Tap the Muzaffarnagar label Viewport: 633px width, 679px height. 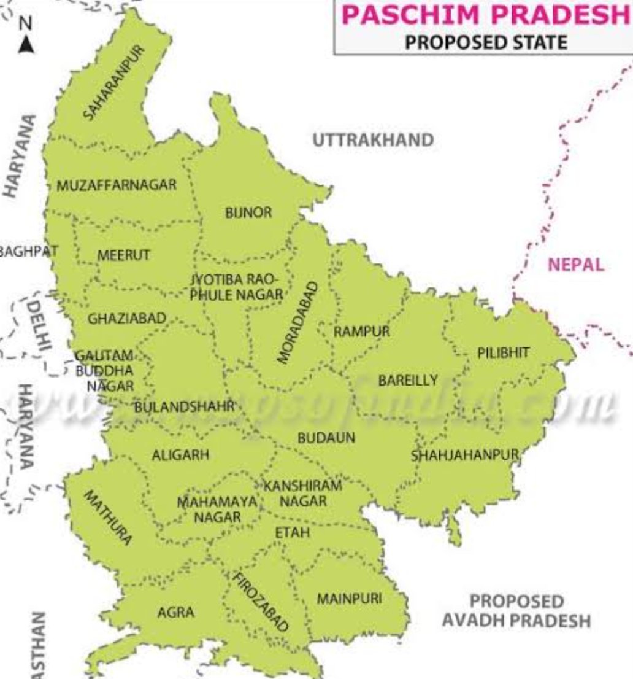click(117, 185)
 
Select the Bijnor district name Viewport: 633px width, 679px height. click(248, 213)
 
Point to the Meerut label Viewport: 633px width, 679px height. click(123, 255)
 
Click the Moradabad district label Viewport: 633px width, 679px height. click(298, 322)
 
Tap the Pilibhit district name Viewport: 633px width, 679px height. click(503, 352)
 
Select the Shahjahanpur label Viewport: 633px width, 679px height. click(465, 456)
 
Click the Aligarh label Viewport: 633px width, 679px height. click(180, 456)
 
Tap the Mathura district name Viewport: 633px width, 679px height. click(107, 518)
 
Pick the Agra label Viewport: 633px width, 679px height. click(175, 612)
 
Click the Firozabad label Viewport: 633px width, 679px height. click(260, 602)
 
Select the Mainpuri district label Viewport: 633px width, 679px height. click(349, 598)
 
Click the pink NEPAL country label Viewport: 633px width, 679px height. click(575, 265)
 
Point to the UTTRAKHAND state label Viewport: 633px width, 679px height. click(373, 140)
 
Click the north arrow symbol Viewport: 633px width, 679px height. click(26, 45)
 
